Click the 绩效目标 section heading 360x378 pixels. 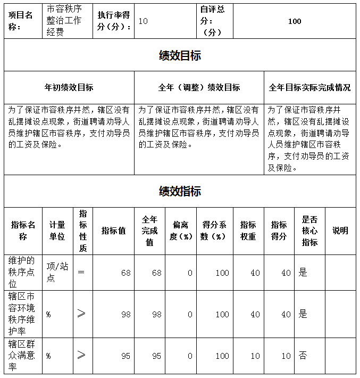coord(180,55)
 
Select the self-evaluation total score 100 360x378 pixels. coord(294,21)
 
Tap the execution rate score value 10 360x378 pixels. coord(143,21)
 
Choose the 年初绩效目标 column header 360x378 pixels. coord(69,87)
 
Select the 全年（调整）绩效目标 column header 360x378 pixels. coord(199,87)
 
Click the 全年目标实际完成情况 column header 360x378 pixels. coord(310,87)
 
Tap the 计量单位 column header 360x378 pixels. coord(57,231)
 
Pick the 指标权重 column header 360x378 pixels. coord(248,231)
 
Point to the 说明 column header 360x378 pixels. coord(340,231)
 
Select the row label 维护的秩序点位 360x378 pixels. coord(22,273)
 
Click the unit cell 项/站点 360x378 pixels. coord(57,273)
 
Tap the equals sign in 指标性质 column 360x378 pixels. coord(81,273)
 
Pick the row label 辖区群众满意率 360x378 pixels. coord(22,356)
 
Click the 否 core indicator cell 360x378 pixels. coord(303,356)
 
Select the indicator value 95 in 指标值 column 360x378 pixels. coord(125,356)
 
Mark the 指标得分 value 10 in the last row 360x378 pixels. coord(286,356)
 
